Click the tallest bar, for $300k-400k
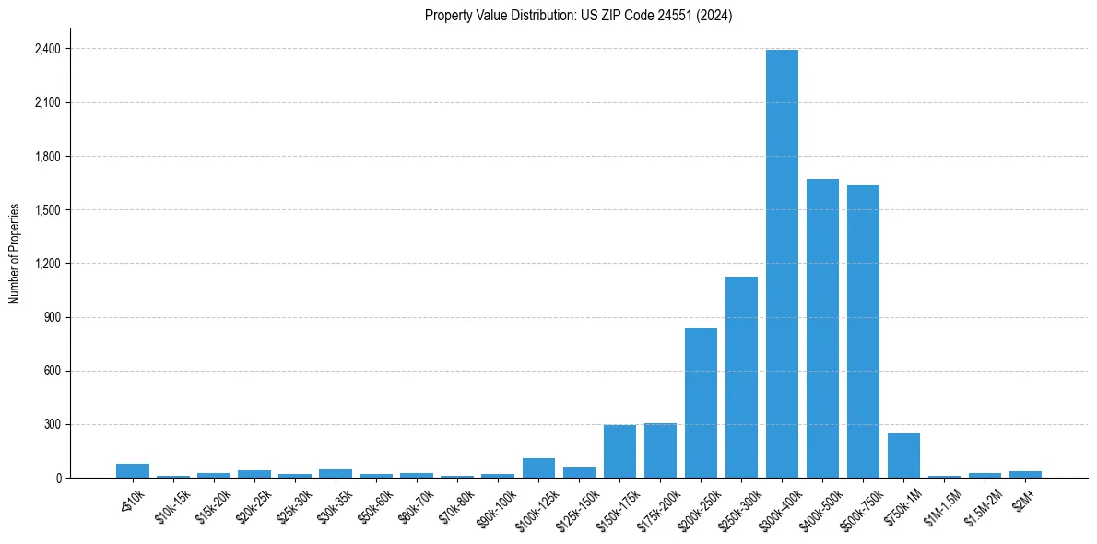(782, 264)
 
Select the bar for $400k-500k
(822, 328)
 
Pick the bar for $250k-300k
(741, 377)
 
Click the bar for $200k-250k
(701, 403)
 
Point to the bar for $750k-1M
(903, 455)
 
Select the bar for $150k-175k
(619, 452)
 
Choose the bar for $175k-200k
(660, 451)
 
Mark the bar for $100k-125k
(538, 468)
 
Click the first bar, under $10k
(133, 471)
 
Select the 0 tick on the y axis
(58, 479)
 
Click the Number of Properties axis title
(14, 254)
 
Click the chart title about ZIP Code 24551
(578, 16)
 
